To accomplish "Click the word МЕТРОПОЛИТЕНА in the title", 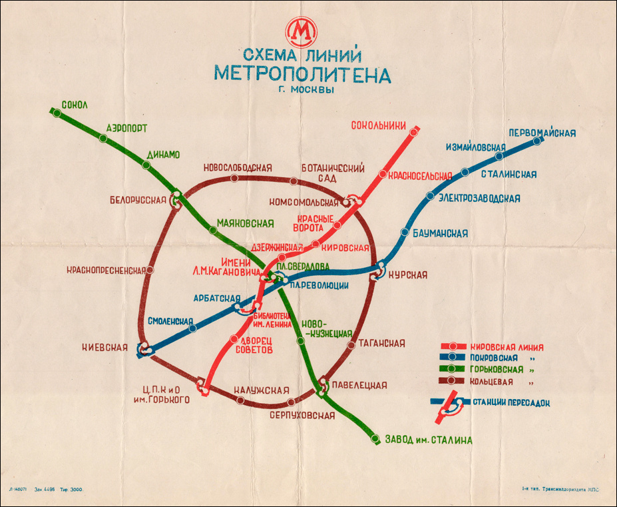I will [x=302, y=74].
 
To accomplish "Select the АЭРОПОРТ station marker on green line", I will [x=103, y=139].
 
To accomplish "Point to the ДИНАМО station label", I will [x=163, y=155].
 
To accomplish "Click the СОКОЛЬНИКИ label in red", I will [x=379, y=125].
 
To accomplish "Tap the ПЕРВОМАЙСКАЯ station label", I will [x=542, y=133].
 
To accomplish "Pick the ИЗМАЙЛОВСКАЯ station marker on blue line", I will [x=499, y=157].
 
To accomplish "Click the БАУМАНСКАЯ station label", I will [x=440, y=233].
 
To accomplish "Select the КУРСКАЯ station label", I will [x=407, y=274].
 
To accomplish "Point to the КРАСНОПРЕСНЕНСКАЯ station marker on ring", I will [x=150, y=270].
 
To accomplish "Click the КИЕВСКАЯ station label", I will [x=104, y=346].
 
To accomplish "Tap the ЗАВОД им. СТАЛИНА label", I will [x=429, y=440].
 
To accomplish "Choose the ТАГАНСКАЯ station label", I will [x=381, y=343].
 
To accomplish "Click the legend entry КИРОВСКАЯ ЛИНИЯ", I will [x=507, y=347].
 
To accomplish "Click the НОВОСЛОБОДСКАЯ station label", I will [x=238, y=167].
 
